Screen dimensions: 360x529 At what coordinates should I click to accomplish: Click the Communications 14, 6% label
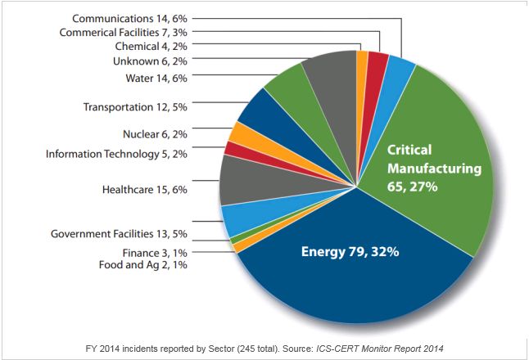[130, 17]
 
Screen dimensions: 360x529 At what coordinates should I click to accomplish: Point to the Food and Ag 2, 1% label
[144, 265]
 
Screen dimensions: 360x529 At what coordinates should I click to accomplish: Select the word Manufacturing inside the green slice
[434, 169]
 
